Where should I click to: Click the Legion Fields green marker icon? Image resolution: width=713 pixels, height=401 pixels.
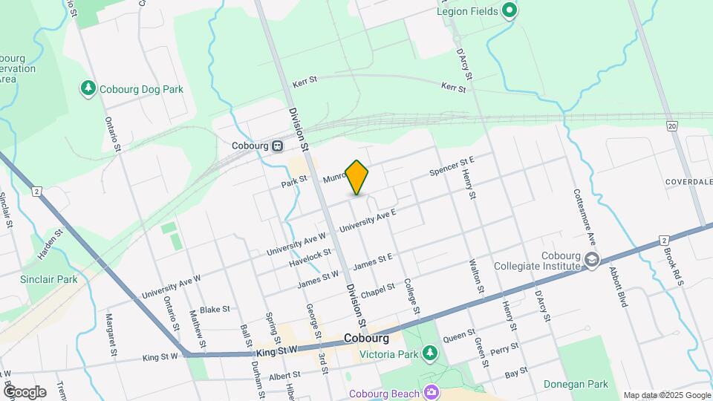click(509, 11)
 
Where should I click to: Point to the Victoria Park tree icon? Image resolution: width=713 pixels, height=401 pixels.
click(429, 353)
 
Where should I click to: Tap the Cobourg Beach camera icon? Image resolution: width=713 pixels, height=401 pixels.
click(431, 391)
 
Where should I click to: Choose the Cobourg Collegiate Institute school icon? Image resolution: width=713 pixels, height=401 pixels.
click(592, 260)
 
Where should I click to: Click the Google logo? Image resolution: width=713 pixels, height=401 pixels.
click(25, 391)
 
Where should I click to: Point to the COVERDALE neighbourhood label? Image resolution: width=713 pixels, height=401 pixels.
click(689, 181)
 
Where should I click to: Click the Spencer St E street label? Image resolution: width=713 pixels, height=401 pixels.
click(452, 166)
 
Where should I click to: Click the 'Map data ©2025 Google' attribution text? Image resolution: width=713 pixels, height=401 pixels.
click(667, 395)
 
